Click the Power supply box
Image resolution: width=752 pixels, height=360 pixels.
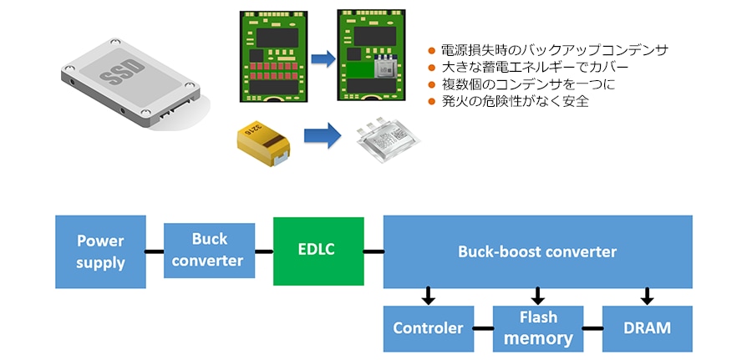pyautogui.click(x=100, y=251)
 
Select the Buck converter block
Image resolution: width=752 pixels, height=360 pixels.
pyautogui.click(x=209, y=251)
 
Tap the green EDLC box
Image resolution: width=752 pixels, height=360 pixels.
pyautogui.click(x=318, y=251)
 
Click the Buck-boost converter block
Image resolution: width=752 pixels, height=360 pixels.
pyautogui.click(x=537, y=251)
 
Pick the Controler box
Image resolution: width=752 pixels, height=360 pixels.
pyautogui.click(x=428, y=328)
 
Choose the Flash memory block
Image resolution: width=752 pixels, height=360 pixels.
pyautogui.click(x=537, y=328)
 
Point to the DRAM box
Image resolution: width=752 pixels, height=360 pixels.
pyautogui.click(x=647, y=328)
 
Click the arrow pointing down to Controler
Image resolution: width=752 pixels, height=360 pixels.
pyautogui.click(x=429, y=296)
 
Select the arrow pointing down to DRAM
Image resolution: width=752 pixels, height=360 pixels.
pyautogui.click(x=647, y=296)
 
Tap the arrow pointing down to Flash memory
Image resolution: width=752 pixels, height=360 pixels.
pyautogui.click(x=538, y=296)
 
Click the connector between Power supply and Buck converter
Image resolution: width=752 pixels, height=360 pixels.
pyautogui.click(x=155, y=251)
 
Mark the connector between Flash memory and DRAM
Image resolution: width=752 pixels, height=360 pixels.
pyautogui.click(x=592, y=328)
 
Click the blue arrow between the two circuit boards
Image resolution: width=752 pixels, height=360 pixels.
pyautogui.click(x=322, y=58)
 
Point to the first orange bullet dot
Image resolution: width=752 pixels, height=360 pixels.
pyautogui.click(x=432, y=51)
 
